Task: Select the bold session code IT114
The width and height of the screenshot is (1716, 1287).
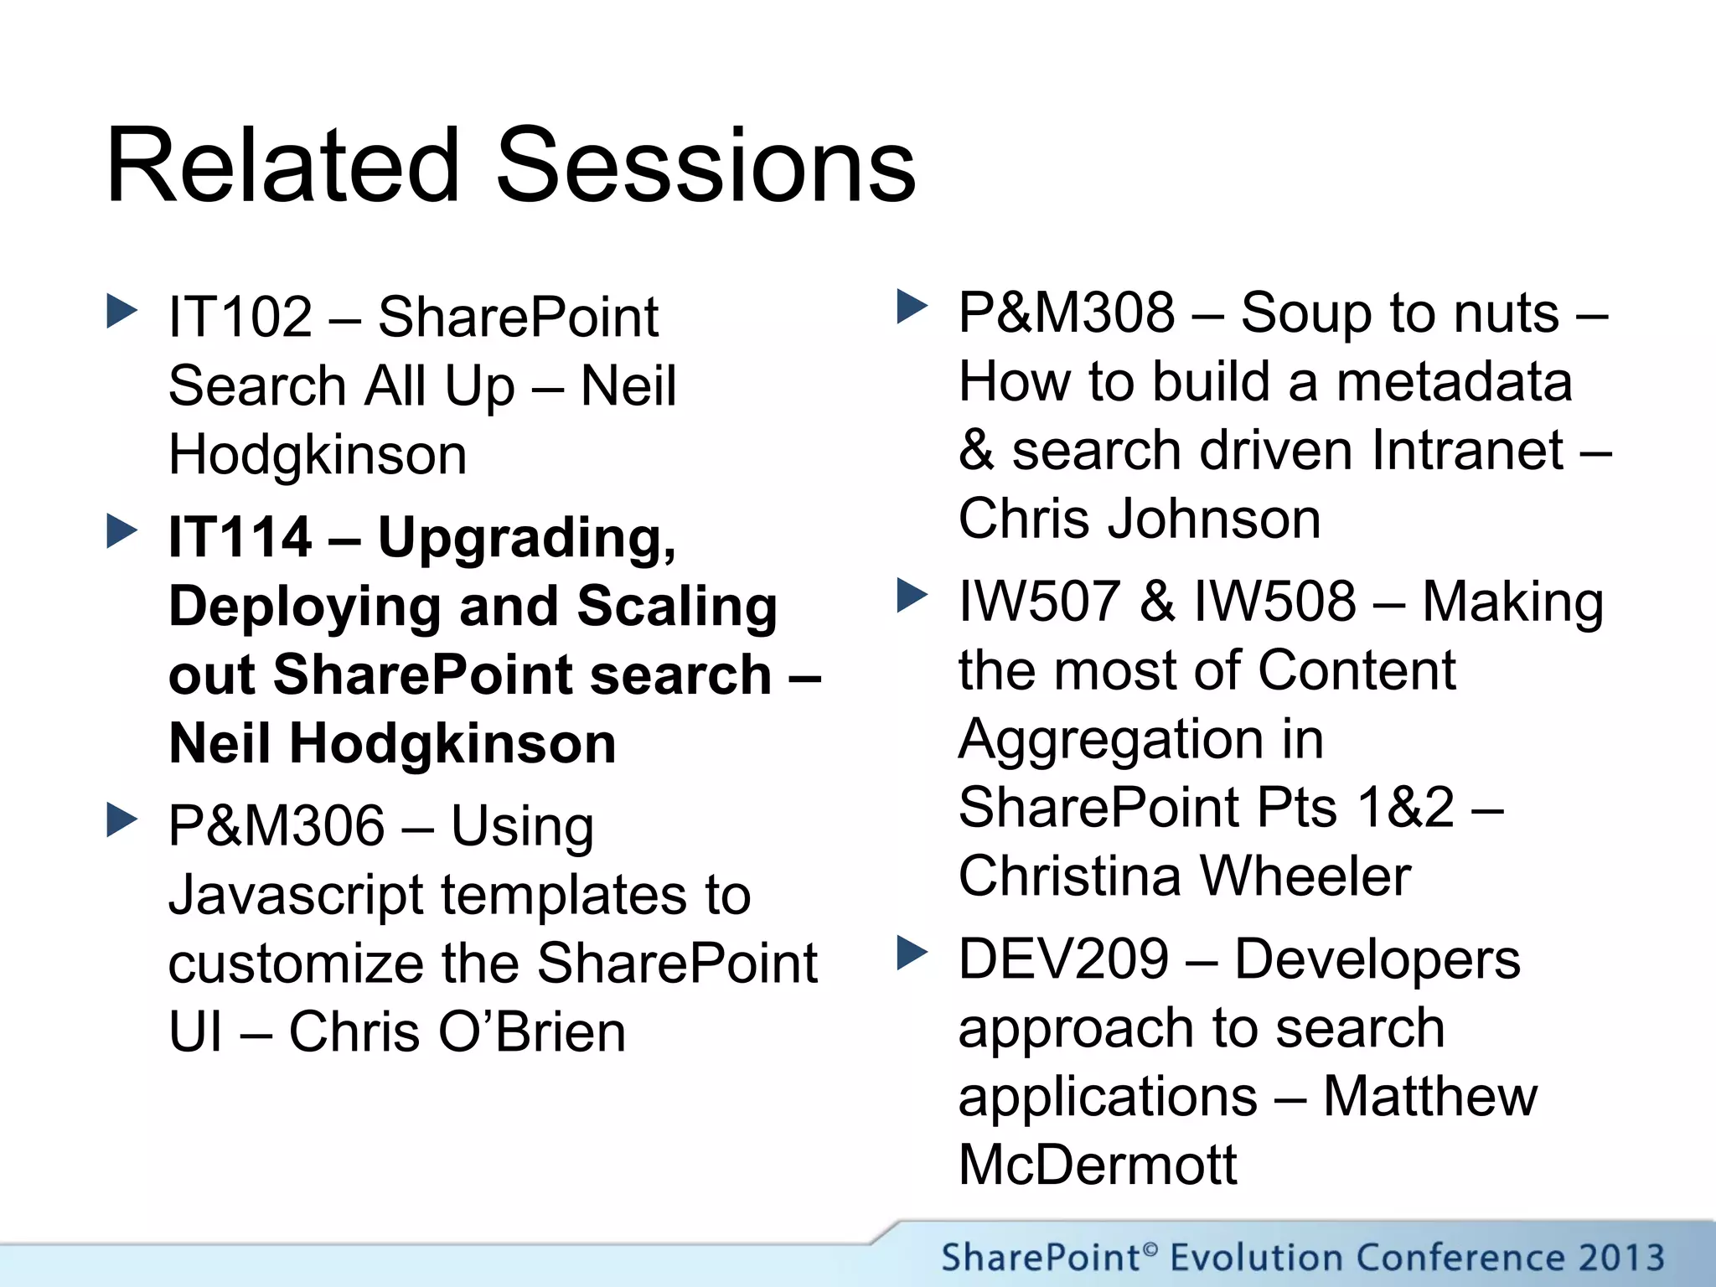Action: click(240, 537)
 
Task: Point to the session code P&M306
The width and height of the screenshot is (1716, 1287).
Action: click(277, 825)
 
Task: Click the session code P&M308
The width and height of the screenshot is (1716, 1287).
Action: click(1067, 313)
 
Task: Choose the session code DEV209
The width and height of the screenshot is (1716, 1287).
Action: click(1063, 959)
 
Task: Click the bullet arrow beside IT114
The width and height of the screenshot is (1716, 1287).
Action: click(122, 531)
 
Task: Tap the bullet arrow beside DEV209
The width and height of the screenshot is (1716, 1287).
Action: click(912, 953)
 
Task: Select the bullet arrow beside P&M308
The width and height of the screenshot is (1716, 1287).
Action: click(912, 307)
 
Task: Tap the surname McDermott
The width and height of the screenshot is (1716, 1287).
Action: click(1097, 1165)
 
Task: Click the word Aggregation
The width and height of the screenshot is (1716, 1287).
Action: click(1140, 741)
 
